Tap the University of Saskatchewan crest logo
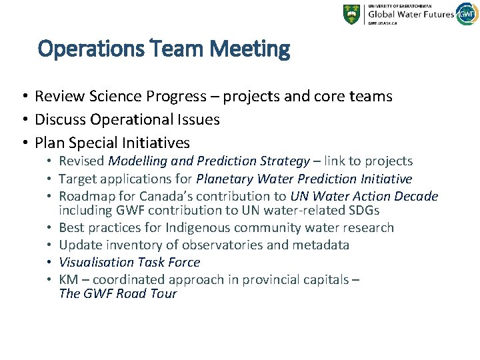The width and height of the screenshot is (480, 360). point(351,14)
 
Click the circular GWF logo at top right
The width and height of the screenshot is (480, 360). point(467,14)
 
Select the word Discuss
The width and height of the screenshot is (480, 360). point(61,120)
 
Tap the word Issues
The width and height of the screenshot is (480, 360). point(198,120)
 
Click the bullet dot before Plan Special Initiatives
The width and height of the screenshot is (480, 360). point(23,143)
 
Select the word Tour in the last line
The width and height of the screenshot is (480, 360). point(163,294)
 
